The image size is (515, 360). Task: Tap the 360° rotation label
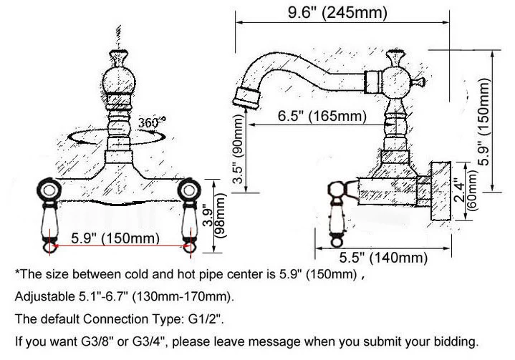click(153, 121)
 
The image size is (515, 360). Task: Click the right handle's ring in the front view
click(190, 191)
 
